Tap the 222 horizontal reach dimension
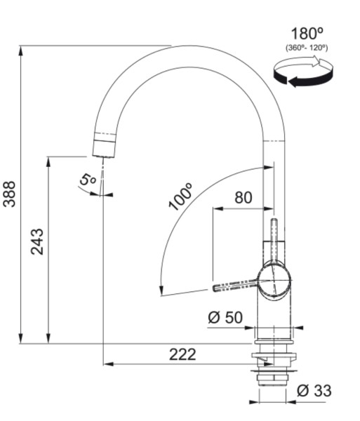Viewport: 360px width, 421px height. tap(182, 354)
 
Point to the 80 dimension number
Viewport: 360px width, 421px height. tap(243, 197)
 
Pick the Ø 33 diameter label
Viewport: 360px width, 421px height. tap(314, 391)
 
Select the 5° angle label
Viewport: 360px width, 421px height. tap(88, 180)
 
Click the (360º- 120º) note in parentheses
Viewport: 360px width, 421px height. tap(306, 48)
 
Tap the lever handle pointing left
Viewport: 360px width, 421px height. tap(234, 285)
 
